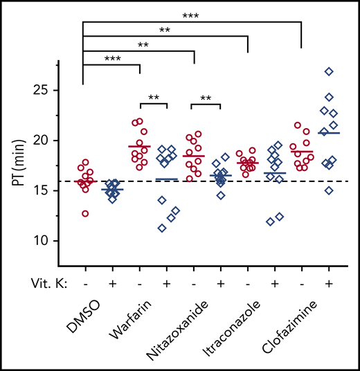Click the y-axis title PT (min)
pos(21,165)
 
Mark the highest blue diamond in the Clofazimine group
pos(329,71)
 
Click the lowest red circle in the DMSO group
pos(85,214)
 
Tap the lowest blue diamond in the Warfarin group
pos(162,228)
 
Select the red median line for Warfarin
pos(140,147)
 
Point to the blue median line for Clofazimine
pos(329,132)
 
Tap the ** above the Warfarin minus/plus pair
pos(153,98)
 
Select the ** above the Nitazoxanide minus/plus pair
pos(206,98)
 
